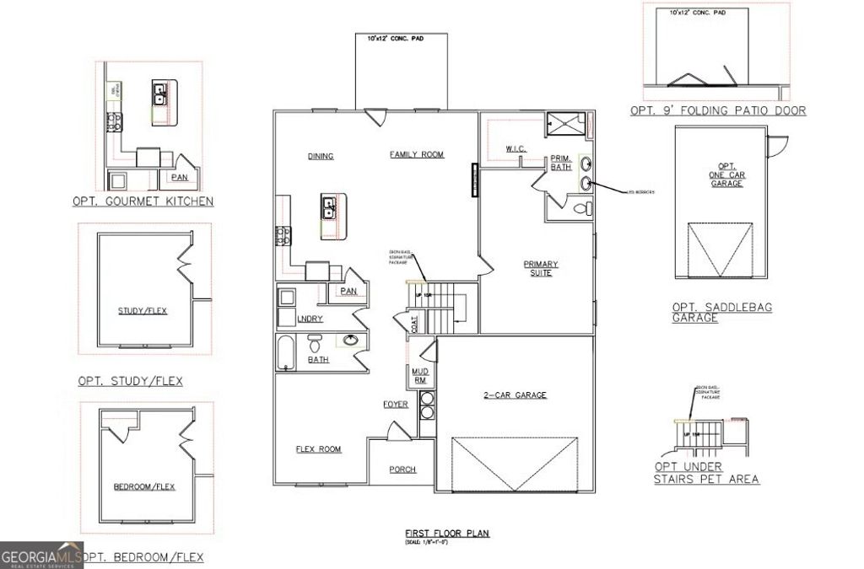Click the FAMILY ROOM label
[x=416, y=154]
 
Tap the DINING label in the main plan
[x=320, y=156]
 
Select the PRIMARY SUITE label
[x=541, y=269]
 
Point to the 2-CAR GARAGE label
[x=515, y=395]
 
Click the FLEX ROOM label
[x=318, y=449]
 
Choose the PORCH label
[x=402, y=470]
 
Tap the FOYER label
[x=396, y=405]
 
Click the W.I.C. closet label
[x=516, y=149]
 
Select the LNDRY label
[x=310, y=318]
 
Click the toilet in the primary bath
[x=581, y=208]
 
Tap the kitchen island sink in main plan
[x=329, y=207]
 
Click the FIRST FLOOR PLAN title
[x=447, y=534]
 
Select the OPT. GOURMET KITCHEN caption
[x=143, y=201]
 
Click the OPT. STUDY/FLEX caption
[x=130, y=381]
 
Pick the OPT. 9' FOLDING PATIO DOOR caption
[x=717, y=110]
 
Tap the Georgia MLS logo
[x=41, y=556]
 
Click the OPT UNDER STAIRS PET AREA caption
[x=706, y=473]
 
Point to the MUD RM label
[x=419, y=375]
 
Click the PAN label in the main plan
[x=348, y=291]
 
